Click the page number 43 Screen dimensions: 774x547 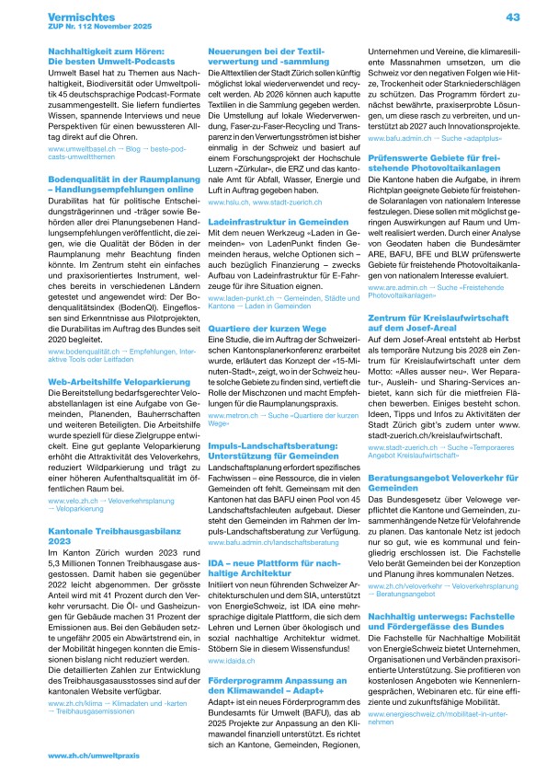(513, 17)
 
